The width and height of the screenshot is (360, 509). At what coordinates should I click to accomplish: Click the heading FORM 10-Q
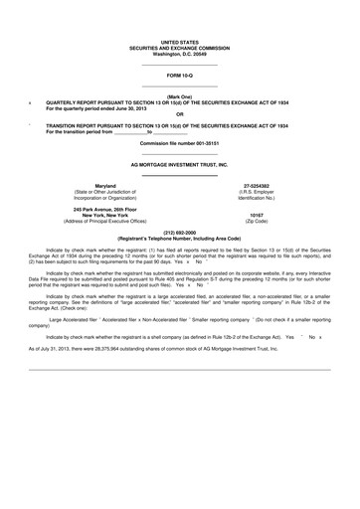pyautogui.click(x=179, y=75)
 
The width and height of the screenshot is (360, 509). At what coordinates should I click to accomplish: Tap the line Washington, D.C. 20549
pyautogui.click(x=179, y=54)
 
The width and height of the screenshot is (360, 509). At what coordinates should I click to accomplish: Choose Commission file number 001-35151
pyautogui.click(x=179, y=144)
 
